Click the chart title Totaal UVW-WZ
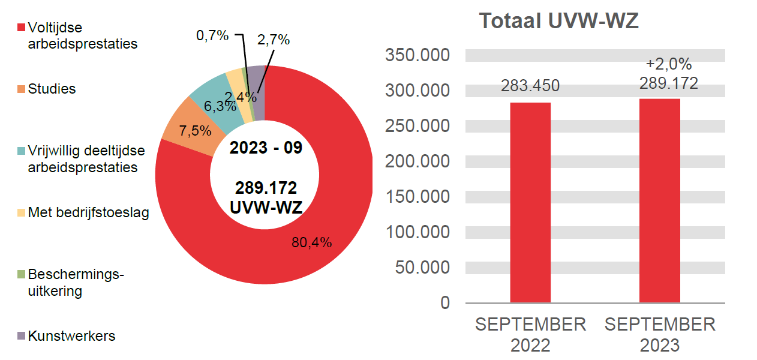(558, 22)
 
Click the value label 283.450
(530, 86)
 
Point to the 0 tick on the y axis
(444, 302)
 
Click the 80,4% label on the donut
(311, 243)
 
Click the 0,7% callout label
(212, 36)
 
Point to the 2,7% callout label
(273, 40)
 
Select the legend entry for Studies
(52, 89)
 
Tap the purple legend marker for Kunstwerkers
(22, 336)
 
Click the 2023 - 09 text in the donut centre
(266, 148)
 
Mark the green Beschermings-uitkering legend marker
(22, 275)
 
